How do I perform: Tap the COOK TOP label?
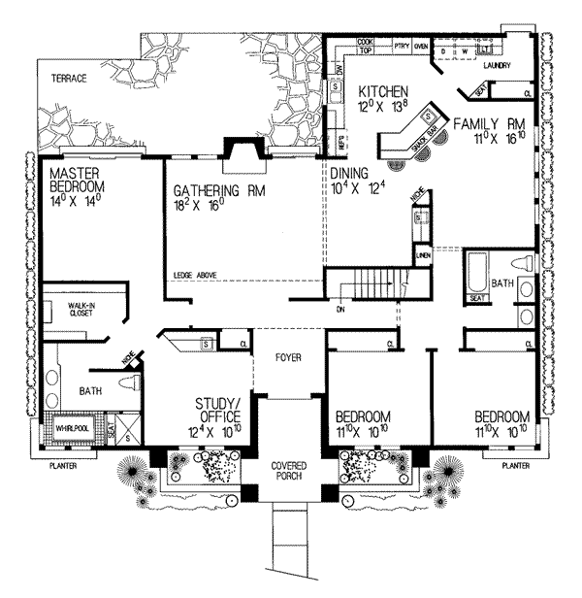click(366, 46)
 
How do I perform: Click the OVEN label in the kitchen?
click(421, 46)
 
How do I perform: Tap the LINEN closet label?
click(423, 255)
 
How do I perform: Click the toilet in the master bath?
click(126, 386)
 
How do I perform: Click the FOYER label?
click(286, 357)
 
